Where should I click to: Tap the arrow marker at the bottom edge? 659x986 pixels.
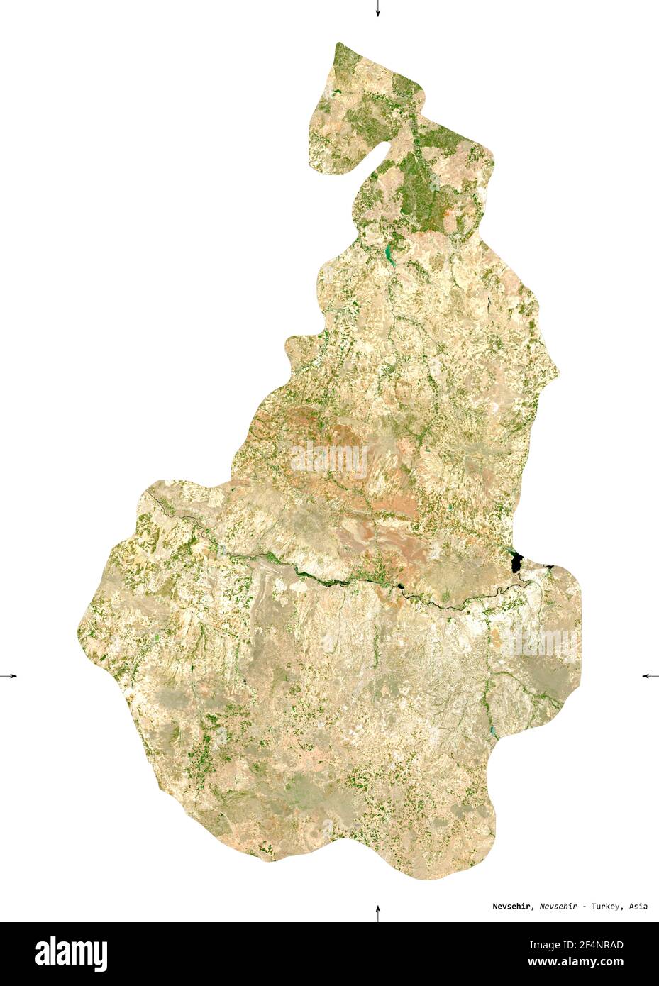click(x=377, y=912)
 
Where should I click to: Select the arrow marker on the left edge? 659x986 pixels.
click(x=9, y=675)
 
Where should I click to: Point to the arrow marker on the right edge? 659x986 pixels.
click(x=650, y=675)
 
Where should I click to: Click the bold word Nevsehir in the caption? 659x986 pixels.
click(x=514, y=906)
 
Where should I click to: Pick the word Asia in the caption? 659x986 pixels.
click(x=638, y=906)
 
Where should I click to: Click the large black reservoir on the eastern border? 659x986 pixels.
click(x=516, y=562)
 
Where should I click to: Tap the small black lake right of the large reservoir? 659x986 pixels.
click(x=548, y=566)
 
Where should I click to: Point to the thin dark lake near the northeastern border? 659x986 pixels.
click(x=489, y=303)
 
